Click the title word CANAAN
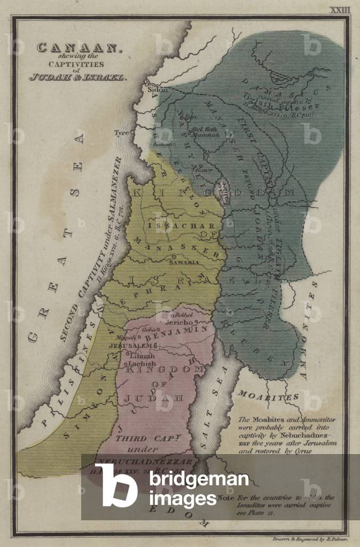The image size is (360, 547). (78, 48)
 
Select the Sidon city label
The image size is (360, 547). (154, 90)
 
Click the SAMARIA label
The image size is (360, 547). (184, 263)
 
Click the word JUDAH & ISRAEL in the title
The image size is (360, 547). (78, 76)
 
